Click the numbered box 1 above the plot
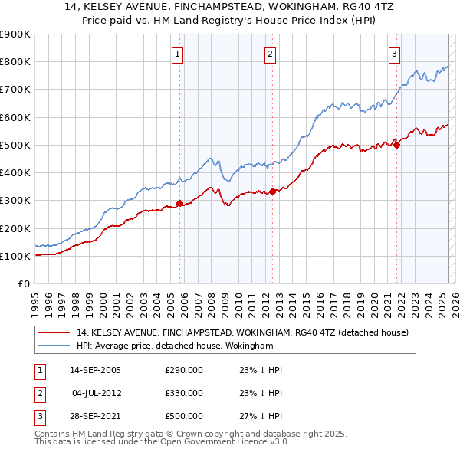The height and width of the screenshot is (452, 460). pos(177,54)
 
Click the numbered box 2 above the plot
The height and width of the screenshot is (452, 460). pos(271,54)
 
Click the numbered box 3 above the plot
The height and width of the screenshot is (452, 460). pos(394,54)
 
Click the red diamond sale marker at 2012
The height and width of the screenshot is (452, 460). pos(272,192)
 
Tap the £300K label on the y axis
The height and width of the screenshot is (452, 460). pos(15,201)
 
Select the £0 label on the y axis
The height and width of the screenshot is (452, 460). pos(23,283)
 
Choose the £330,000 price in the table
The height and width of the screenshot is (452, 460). pos(184,393)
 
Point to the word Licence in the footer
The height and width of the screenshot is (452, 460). pos(235,442)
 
